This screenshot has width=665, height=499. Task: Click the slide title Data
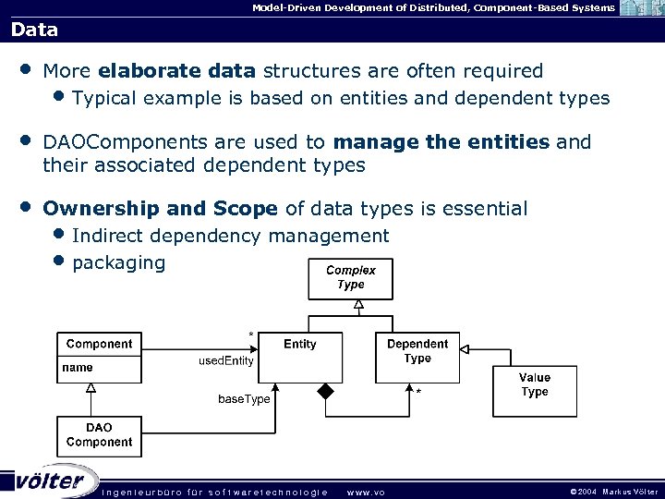point(35,30)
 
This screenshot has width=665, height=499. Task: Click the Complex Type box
point(350,277)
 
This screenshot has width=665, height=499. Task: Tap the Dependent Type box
point(417,357)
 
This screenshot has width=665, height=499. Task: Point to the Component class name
point(99,344)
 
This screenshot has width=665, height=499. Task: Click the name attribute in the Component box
point(78,368)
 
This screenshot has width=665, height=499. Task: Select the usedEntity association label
point(226,361)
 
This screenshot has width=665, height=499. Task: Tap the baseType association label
point(244,399)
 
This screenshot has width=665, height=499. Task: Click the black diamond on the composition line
point(325,391)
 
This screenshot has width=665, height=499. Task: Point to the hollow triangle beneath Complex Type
point(358,305)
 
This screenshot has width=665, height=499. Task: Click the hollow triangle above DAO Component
point(91,388)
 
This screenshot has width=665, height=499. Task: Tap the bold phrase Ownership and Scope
point(161,209)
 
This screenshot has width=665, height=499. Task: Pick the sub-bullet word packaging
point(118,262)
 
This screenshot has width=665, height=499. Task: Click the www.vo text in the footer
point(365,492)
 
